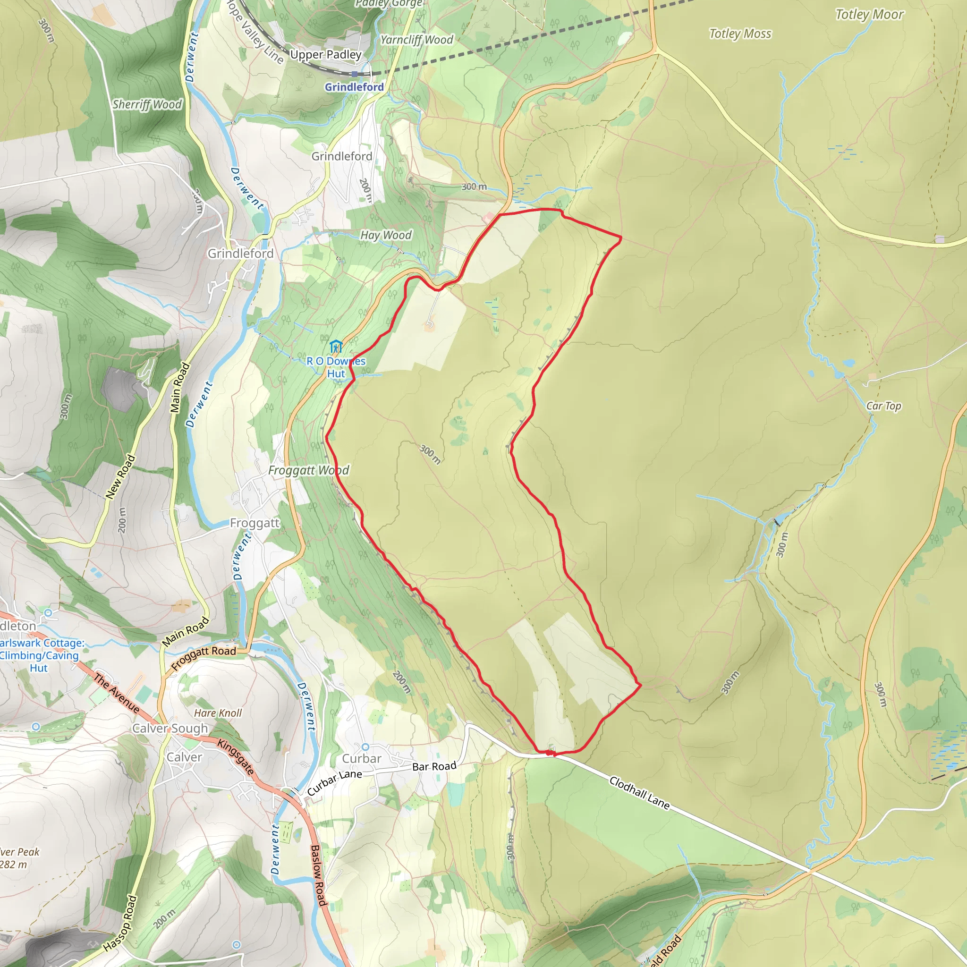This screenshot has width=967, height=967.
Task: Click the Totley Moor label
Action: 869,15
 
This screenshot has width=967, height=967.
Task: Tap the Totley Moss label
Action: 740,34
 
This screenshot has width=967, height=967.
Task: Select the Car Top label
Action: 883,406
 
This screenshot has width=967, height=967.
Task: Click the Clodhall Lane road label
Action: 639,793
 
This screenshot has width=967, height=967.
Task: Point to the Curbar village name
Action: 361,759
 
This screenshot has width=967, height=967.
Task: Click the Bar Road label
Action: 434,766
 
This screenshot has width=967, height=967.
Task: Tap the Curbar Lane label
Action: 334,782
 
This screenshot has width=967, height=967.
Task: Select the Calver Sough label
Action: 170,728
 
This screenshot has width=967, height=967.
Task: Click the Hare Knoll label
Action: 218,713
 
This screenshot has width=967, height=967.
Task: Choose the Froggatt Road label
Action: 203,658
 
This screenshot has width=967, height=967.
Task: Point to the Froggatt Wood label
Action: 308,470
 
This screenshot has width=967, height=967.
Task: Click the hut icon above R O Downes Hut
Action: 335,347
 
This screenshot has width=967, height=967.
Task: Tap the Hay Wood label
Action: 386,235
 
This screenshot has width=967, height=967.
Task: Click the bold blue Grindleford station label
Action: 355,87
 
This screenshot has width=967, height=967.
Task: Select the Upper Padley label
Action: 326,55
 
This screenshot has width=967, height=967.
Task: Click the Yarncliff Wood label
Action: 416,40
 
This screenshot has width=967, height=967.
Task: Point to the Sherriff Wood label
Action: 147,105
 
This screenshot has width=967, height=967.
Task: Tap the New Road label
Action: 120,476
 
